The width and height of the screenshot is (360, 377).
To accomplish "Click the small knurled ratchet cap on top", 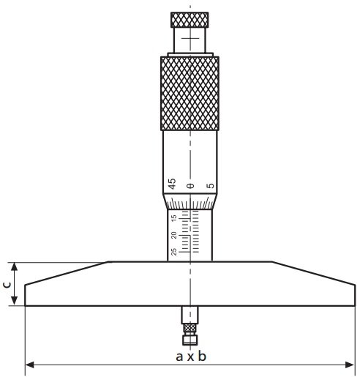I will click(190, 18).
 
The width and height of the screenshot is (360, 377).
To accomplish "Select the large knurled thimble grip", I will click(190, 94).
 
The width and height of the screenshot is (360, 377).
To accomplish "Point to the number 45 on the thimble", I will click(171, 184).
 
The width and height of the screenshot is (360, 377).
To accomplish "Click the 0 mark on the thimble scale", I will click(190, 186).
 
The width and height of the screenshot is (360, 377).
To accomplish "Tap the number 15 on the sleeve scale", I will click(173, 219).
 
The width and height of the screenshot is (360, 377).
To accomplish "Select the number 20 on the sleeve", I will click(173, 235).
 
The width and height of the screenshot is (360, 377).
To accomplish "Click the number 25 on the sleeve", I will click(173, 252).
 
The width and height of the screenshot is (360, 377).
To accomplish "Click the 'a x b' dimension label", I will click(191, 356).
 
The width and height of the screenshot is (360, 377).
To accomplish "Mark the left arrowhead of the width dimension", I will click(30, 364).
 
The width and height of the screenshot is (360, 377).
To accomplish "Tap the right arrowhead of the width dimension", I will click(352, 364).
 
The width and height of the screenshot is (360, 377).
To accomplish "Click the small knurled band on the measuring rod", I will click(190, 329).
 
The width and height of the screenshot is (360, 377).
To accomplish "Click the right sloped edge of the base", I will click(315, 272).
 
